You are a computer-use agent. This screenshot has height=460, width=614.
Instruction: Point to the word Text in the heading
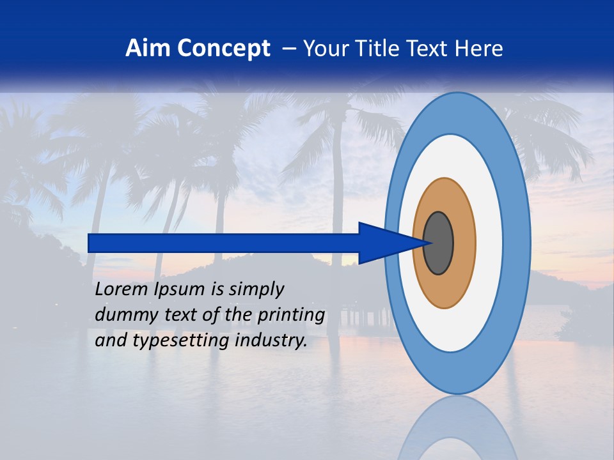point(429,49)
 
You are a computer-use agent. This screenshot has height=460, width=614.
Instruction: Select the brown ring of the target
point(464,243)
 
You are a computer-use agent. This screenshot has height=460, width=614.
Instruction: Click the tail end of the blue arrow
point(91,243)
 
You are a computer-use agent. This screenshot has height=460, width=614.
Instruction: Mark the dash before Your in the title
point(288,49)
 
